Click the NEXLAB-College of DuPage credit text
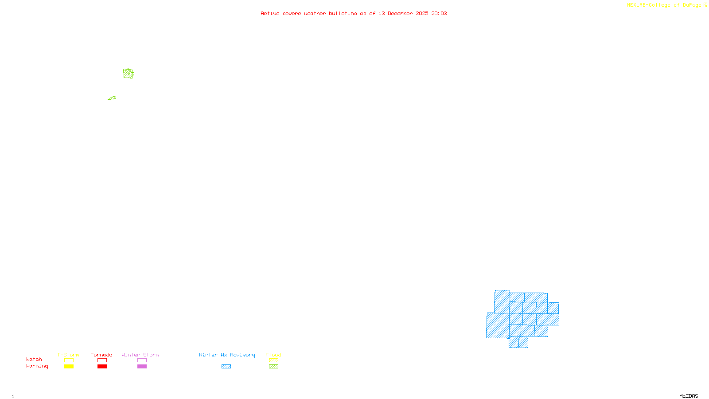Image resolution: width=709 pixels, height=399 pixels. tap(664, 5)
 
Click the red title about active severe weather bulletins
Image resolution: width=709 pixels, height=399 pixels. tap(354, 14)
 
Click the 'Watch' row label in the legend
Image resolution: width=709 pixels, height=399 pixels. tap(34, 360)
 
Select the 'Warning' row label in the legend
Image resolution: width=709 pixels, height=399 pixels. tap(37, 366)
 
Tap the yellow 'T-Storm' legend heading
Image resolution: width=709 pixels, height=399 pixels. tap(68, 355)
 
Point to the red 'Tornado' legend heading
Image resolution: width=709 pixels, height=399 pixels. tap(101, 355)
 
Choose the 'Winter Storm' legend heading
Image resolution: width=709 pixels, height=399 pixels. tap(140, 355)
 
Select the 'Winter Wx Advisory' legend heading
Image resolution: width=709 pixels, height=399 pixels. tap(227, 355)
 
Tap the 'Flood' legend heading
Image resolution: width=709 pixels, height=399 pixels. tap(273, 355)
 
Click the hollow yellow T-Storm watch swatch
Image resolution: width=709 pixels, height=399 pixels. tap(69, 360)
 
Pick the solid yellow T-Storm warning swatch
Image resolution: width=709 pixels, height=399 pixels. tap(69, 367)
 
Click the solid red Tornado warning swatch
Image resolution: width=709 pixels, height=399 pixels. tap(102, 367)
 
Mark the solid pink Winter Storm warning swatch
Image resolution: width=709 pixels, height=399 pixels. tap(142, 367)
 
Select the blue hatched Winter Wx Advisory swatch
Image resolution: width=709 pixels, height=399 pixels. tap(226, 367)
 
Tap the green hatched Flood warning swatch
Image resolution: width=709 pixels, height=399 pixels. tap(273, 367)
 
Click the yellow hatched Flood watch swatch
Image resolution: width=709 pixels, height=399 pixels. tap(273, 360)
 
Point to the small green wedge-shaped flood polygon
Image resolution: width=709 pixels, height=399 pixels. tap(113, 98)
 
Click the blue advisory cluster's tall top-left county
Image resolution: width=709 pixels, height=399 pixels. tap(502, 301)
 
